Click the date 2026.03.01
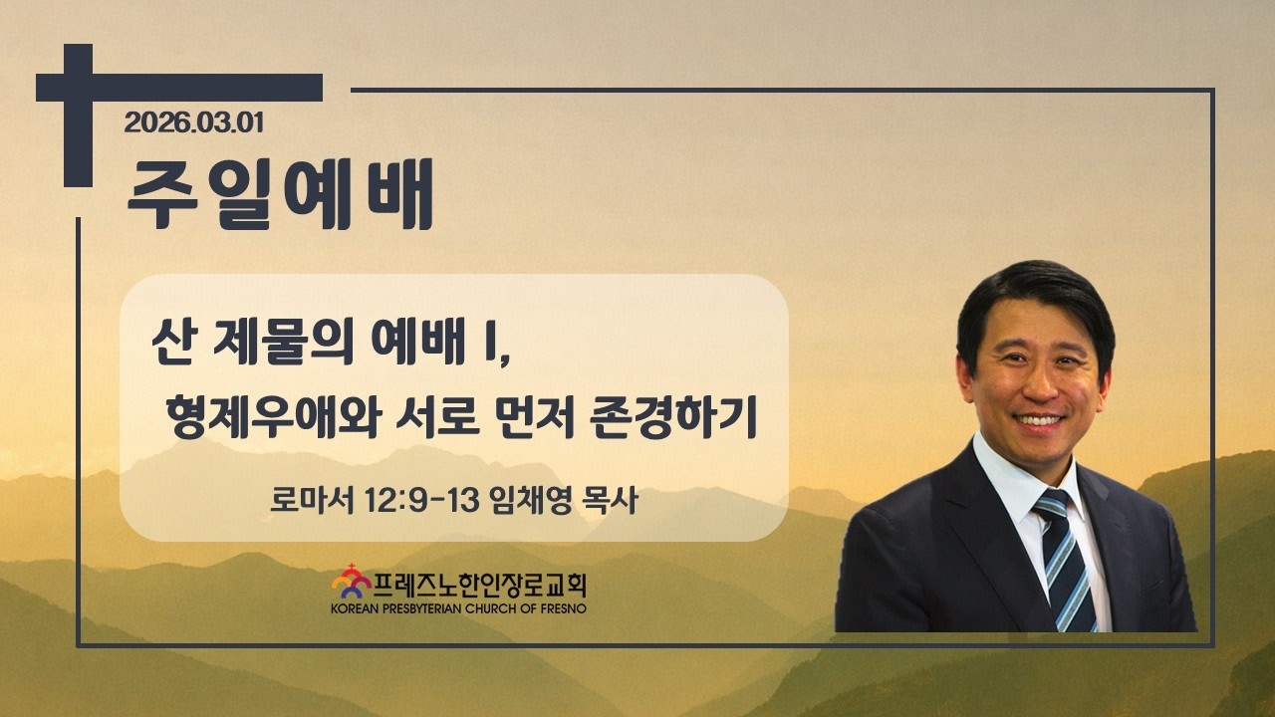[194, 122]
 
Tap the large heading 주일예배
[280, 193]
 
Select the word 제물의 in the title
[283, 343]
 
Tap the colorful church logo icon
[352, 582]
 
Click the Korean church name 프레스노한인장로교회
[480, 585]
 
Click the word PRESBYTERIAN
[422, 608]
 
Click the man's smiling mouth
[1039, 421]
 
